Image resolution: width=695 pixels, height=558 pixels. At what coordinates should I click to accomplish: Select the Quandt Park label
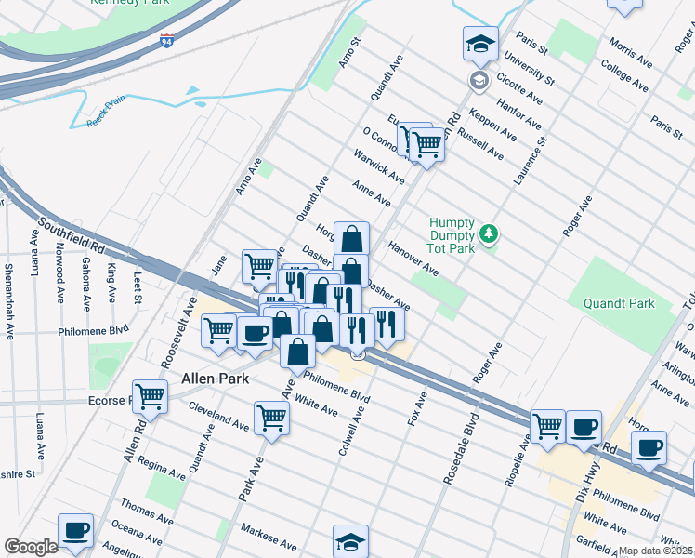pos(619,303)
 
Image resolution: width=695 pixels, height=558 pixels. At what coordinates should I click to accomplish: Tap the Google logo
pos(31,546)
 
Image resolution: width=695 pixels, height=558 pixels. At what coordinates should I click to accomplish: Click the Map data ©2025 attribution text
pos(655,551)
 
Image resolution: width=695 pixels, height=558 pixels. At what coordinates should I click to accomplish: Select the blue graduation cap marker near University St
pos(480,44)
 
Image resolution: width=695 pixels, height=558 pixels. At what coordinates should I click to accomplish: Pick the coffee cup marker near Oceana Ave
pos(75,531)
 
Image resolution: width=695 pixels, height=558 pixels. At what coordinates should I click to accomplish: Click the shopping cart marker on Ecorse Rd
pos(150,396)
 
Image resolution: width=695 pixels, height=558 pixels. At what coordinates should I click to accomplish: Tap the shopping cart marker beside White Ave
pos(271,418)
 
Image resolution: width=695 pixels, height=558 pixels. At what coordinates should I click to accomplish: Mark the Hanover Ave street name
pos(413,258)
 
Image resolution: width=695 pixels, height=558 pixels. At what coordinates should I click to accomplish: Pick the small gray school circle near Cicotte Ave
pos(479,79)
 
